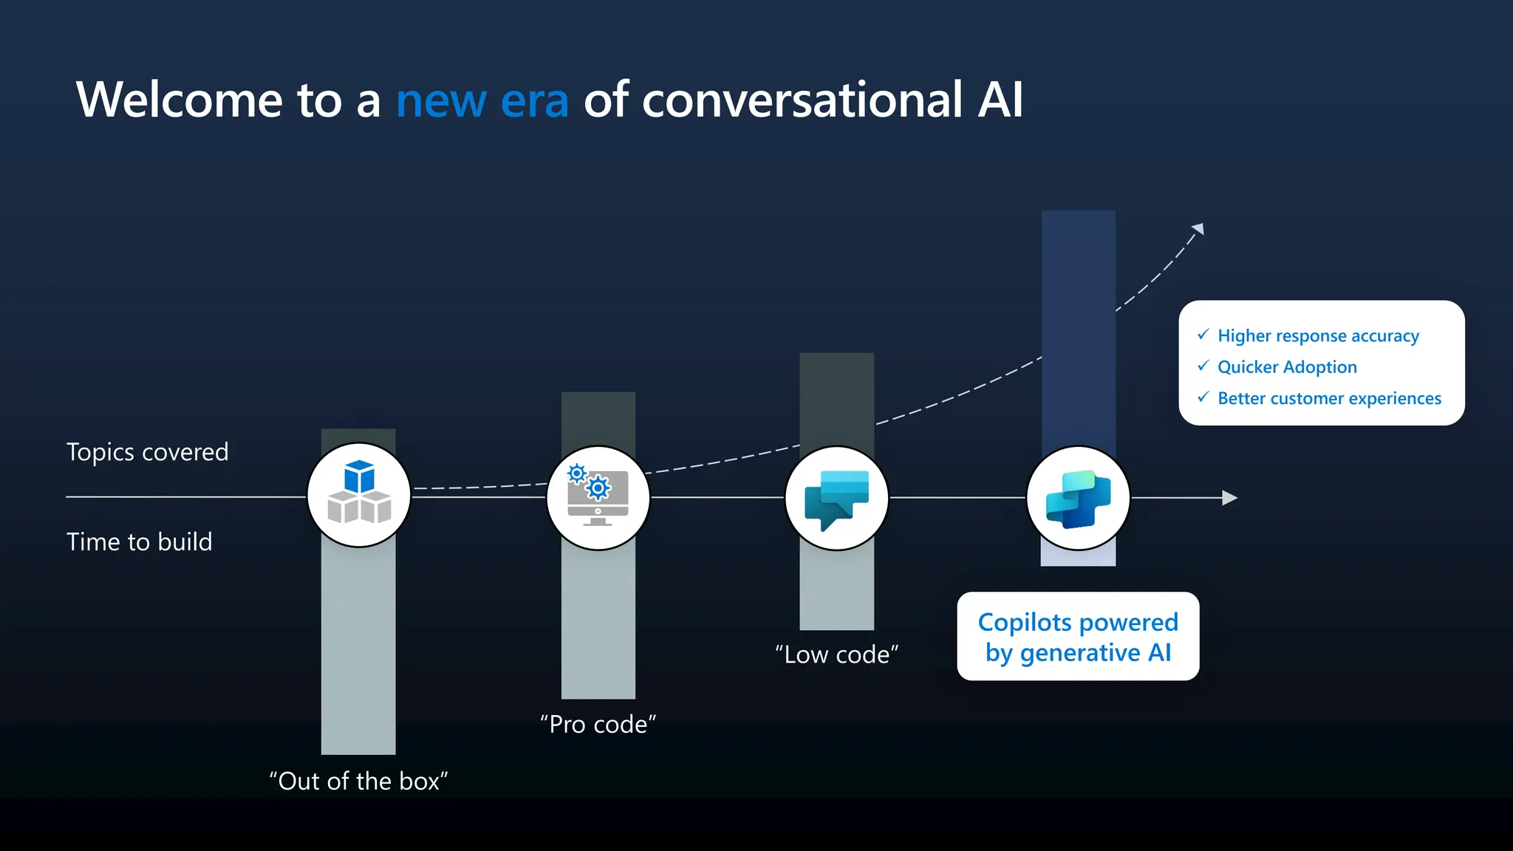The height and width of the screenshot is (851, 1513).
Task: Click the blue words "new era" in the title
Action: pos(482,100)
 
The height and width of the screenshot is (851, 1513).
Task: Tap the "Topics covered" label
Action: pos(148,452)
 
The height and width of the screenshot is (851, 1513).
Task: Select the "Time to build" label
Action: pos(140,542)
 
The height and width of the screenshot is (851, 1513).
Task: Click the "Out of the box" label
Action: pos(359,781)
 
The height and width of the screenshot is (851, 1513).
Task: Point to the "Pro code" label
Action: pos(598,724)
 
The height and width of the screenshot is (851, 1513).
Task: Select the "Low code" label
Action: pos(837,655)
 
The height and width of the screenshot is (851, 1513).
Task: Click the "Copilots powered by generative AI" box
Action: pos(1078,637)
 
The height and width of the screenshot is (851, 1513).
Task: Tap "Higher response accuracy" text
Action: pos(1318,336)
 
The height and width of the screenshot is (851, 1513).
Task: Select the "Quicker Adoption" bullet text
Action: pos(1287,367)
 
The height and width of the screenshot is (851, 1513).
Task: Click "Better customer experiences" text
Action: pos(1329,399)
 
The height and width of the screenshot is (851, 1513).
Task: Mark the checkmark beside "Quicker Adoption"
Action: pos(1203,366)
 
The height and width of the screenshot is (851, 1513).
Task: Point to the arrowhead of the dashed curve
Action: pos(1199,229)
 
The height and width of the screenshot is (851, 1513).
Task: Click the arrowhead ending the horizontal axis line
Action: pos(1230,498)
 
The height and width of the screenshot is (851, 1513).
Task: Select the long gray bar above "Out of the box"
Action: pos(358,650)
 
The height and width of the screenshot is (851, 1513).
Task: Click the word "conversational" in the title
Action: pos(802,100)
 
